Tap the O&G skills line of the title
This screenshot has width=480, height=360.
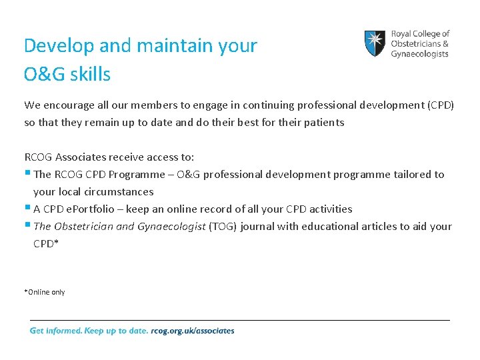67,74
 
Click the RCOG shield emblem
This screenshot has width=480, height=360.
374,43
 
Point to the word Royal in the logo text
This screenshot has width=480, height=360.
401,33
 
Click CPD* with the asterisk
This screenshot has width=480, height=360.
46,244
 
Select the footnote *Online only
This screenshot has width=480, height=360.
45,292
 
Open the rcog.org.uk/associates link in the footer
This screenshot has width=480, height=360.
193,331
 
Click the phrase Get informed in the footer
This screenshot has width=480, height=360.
55,331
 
